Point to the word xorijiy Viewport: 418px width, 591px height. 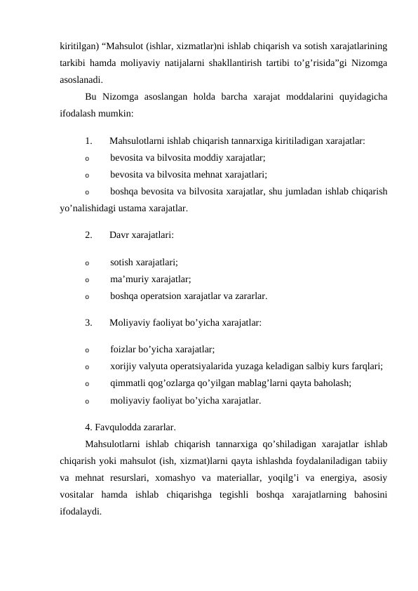126,366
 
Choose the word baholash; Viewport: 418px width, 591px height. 330,383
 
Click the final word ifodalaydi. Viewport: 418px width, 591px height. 80,512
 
